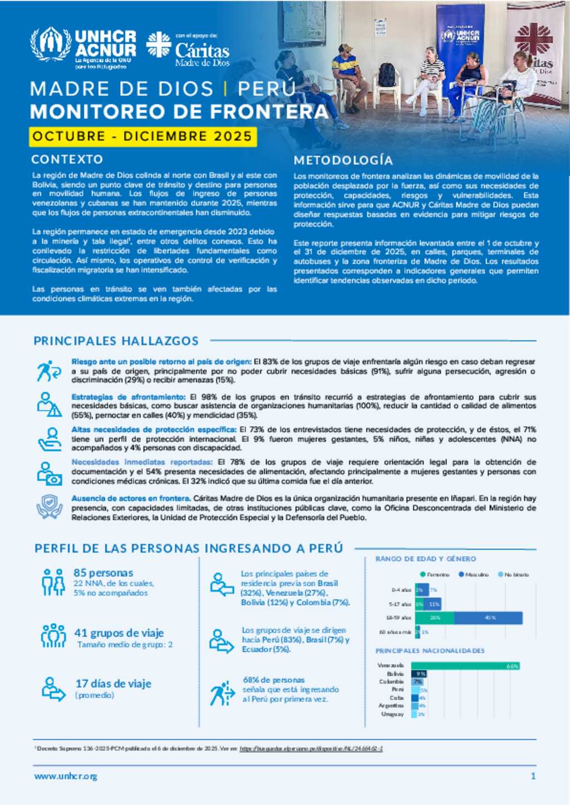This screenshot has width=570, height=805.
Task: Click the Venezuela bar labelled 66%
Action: pyautogui.click(x=465, y=666)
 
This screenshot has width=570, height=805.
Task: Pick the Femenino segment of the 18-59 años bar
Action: pyautogui.click(x=434, y=618)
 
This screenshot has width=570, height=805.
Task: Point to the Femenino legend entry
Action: pyautogui.click(x=435, y=574)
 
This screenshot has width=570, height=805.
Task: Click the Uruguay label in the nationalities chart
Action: pyautogui.click(x=392, y=714)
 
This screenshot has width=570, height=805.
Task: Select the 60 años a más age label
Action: pyautogui.click(x=395, y=632)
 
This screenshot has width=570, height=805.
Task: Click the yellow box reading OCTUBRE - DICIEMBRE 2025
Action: pyautogui.click(x=142, y=136)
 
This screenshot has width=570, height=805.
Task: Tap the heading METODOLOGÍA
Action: pyautogui.click(x=343, y=160)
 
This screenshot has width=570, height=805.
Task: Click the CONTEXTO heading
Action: pyautogui.click(x=67, y=160)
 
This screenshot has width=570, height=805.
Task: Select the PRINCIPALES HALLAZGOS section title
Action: pyautogui.click(x=116, y=340)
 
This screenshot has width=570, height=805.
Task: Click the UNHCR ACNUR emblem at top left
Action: pyautogui.click(x=51, y=44)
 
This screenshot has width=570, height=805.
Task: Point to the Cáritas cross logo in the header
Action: pyautogui.click(x=159, y=45)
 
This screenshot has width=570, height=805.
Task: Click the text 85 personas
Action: pyautogui.click(x=103, y=572)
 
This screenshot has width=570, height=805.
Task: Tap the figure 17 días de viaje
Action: pyautogui.click(x=113, y=684)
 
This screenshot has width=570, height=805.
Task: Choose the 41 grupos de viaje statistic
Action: pyautogui.click(x=119, y=633)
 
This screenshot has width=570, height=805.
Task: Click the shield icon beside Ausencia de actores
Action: pyautogui.click(x=50, y=506)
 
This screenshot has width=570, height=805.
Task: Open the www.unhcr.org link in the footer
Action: pyautogui.click(x=66, y=776)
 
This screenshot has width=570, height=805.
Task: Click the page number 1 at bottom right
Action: pyautogui.click(x=533, y=776)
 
